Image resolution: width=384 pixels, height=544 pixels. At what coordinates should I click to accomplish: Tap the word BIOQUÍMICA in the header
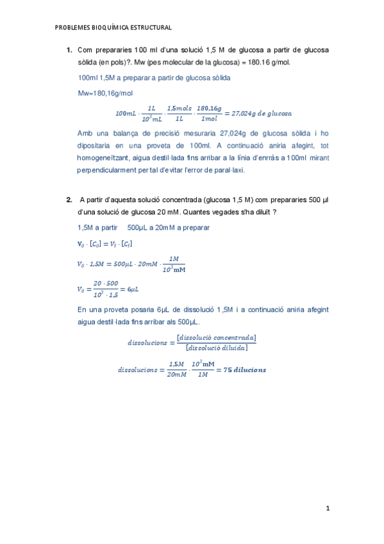click(110, 28)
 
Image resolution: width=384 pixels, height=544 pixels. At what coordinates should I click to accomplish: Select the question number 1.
click(69, 50)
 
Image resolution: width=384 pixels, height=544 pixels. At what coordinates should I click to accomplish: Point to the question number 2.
click(69, 200)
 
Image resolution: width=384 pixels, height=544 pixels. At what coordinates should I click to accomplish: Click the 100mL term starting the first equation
click(126, 114)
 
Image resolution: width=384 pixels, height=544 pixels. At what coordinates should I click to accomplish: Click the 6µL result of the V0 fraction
click(133, 289)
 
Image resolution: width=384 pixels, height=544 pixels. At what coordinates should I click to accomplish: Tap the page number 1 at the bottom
click(327, 509)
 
